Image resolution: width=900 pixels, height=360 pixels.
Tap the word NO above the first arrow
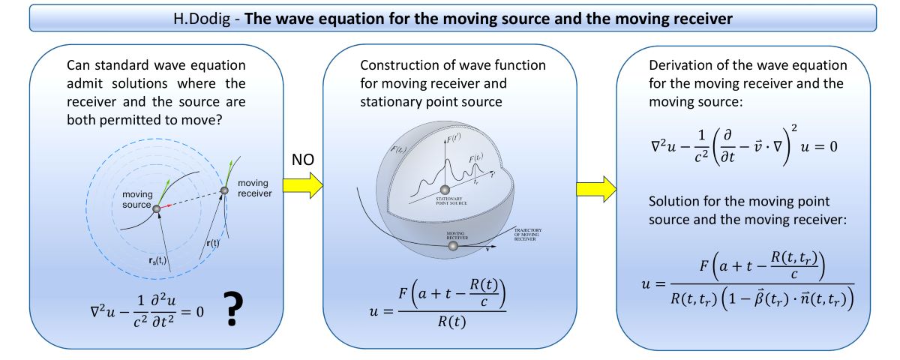click(x=301, y=160)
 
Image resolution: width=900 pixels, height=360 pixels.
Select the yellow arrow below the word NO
click(x=301, y=187)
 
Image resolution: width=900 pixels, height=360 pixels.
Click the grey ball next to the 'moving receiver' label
click(x=223, y=192)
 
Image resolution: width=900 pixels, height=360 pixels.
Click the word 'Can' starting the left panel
click(x=78, y=65)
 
